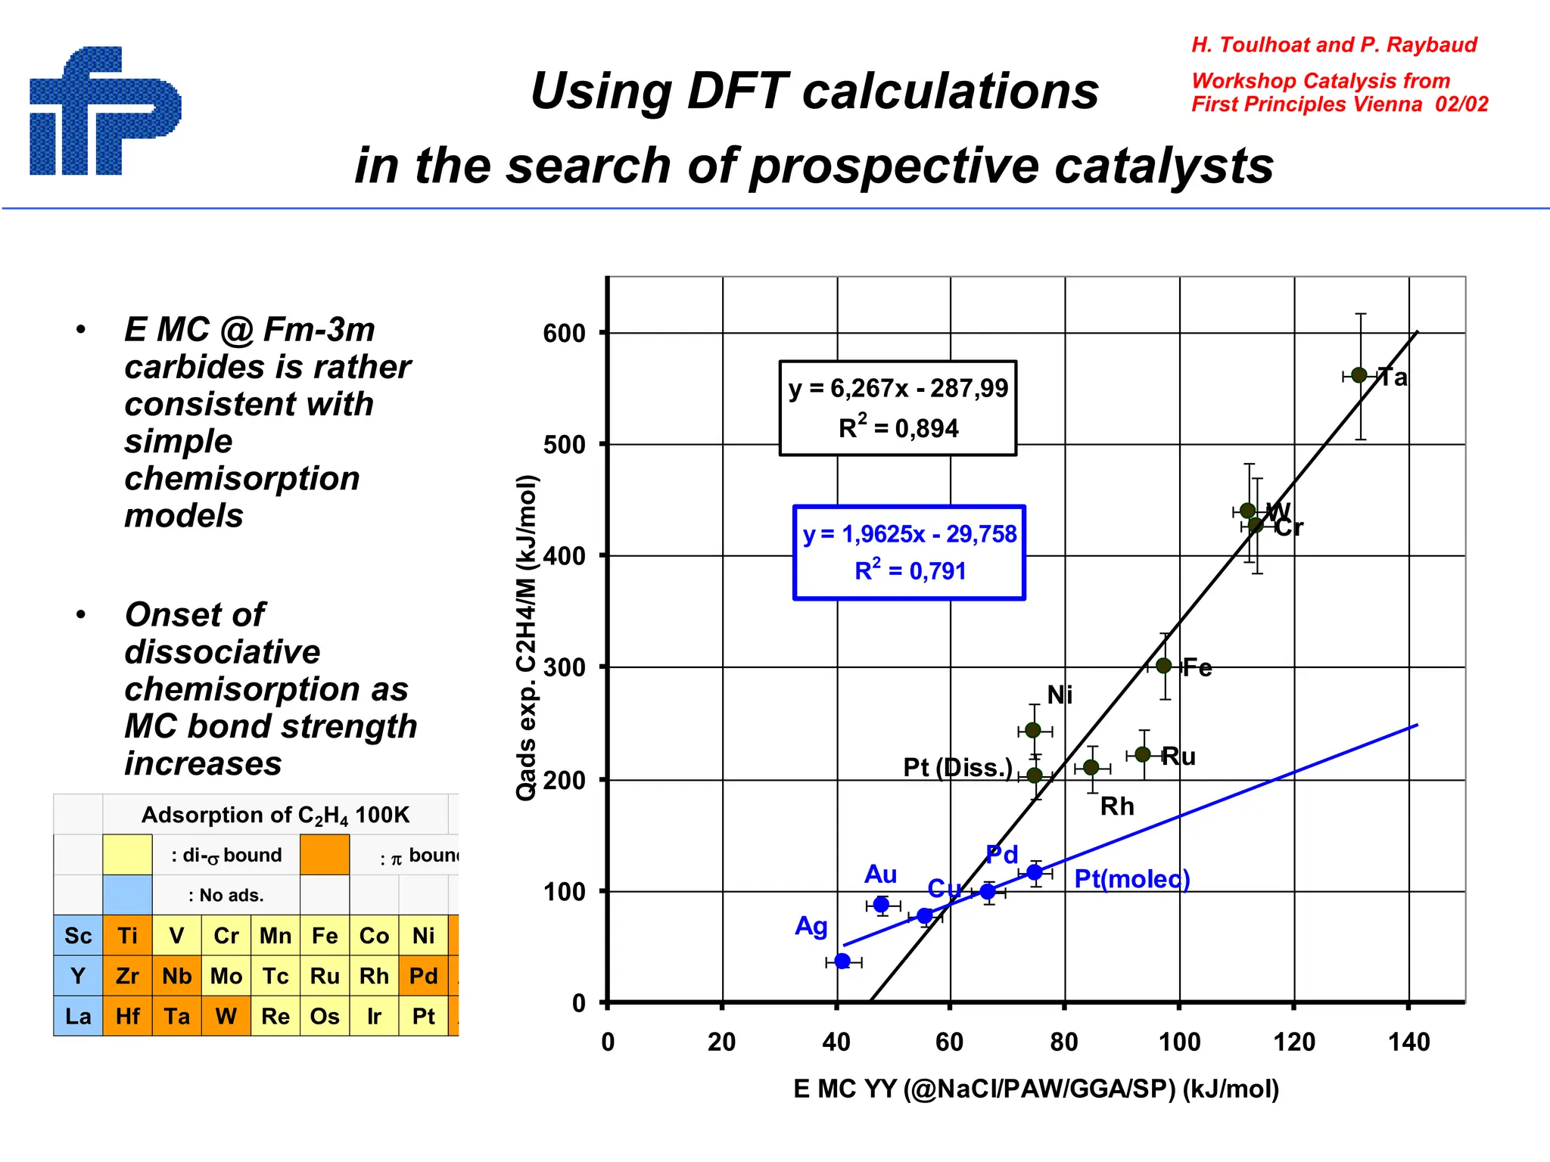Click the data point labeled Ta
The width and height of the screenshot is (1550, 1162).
click(x=1359, y=375)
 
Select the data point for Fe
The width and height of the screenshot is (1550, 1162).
click(x=1164, y=666)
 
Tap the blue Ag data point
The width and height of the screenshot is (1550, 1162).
click(x=842, y=961)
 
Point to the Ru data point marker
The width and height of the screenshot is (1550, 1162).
click(x=1143, y=754)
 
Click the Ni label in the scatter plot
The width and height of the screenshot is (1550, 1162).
click(x=1060, y=695)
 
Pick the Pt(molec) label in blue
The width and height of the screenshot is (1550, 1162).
click(x=1131, y=879)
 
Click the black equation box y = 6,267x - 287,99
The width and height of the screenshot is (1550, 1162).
click(x=898, y=408)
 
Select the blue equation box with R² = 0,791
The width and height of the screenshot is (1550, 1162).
click(x=909, y=552)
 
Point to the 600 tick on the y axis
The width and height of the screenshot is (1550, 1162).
click(x=564, y=334)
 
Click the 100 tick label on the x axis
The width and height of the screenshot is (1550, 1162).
click(x=1179, y=1042)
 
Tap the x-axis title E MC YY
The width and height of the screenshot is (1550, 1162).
click(x=1035, y=1089)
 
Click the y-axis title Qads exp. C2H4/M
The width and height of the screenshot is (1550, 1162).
click(x=527, y=637)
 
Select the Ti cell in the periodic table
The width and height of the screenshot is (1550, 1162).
click(x=127, y=936)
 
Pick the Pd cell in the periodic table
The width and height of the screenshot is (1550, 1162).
click(x=423, y=976)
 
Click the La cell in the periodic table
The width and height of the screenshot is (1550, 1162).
click(x=78, y=1016)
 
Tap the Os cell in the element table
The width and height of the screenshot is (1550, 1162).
click(x=325, y=1016)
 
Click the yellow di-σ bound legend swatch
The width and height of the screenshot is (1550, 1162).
click(x=127, y=855)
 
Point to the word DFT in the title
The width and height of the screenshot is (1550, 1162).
click(x=737, y=92)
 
